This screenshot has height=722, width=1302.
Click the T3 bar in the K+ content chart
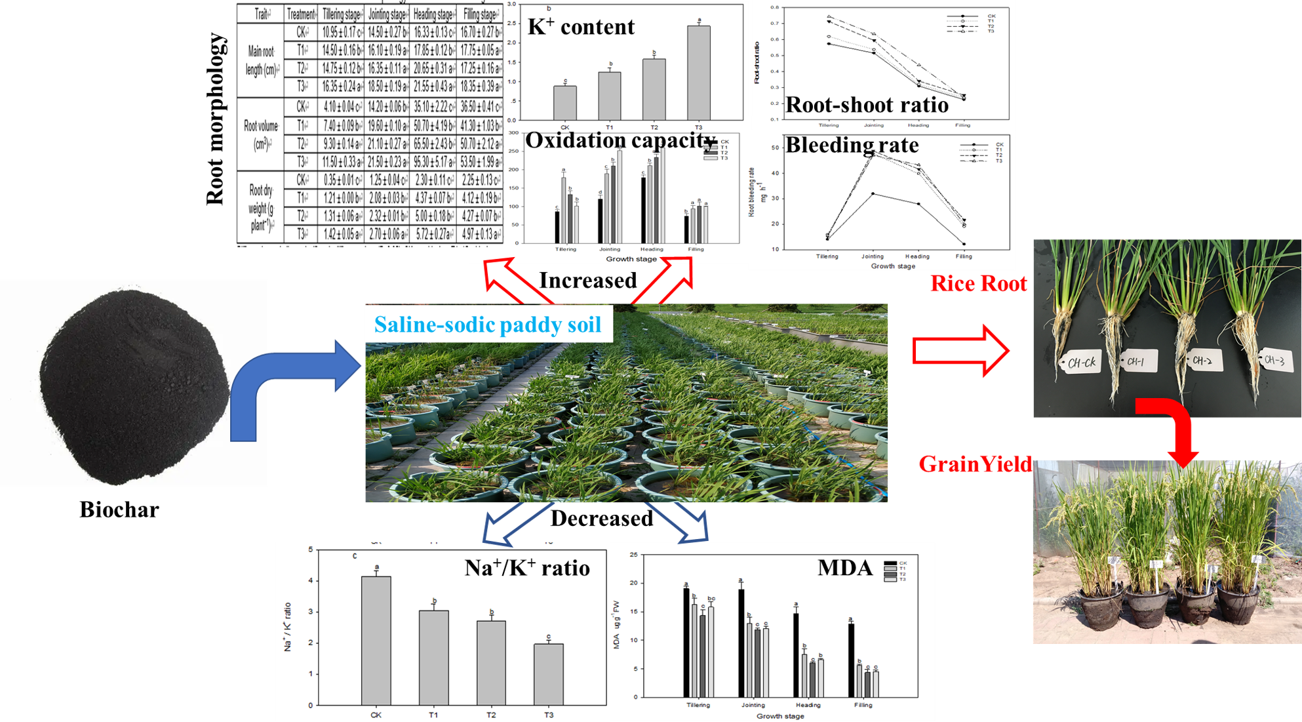(698, 72)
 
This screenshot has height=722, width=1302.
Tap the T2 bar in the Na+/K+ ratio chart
(491, 662)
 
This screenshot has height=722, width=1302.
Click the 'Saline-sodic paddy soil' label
(488, 325)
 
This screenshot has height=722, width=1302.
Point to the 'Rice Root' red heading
(979, 284)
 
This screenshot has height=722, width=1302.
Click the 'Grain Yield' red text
(975, 464)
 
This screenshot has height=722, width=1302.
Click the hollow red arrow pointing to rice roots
(960, 351)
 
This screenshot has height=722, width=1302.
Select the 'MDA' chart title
(845, 568)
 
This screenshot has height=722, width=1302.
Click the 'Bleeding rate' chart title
(852, 145)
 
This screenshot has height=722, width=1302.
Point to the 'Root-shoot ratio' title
(867, 105)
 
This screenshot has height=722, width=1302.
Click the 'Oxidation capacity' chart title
(620, 140)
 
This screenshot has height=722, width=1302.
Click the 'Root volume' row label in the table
(261, 134)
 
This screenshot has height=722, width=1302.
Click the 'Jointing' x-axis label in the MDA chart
(753, 705)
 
